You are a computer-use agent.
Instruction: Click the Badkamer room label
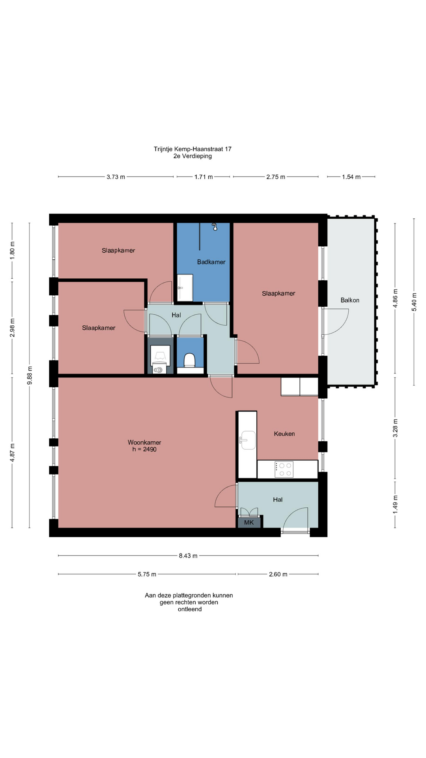(x=211, y=262)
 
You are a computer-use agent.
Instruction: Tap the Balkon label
(x=350, y=300)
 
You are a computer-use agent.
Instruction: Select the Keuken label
(x=284, y=433)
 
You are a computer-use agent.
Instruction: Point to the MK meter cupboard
(x=249, y=522)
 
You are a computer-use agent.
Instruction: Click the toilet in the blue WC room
(x=190, y=360)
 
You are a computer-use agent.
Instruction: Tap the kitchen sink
(x=248, y=440)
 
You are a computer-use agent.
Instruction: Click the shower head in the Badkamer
(x=215, y=227)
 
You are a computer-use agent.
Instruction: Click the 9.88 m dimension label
(x=30, y=375)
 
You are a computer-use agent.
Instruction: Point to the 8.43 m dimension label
(x=188, y=555)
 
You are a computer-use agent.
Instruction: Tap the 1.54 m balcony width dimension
(x=351, y=177)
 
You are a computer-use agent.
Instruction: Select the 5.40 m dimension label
(x=414, y=302)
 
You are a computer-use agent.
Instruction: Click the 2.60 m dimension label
(x=278, y=574)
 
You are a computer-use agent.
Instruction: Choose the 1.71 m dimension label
(x=204, y=177)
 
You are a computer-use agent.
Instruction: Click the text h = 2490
(x=144, y=449)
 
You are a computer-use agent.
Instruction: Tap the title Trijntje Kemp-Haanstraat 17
(x=192, y=149)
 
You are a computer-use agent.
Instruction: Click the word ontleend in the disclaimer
(x=190, y=609)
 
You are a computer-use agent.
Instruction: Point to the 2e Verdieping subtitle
(x=192, y=156)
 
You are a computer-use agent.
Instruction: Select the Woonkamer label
(x=144, y=443)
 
